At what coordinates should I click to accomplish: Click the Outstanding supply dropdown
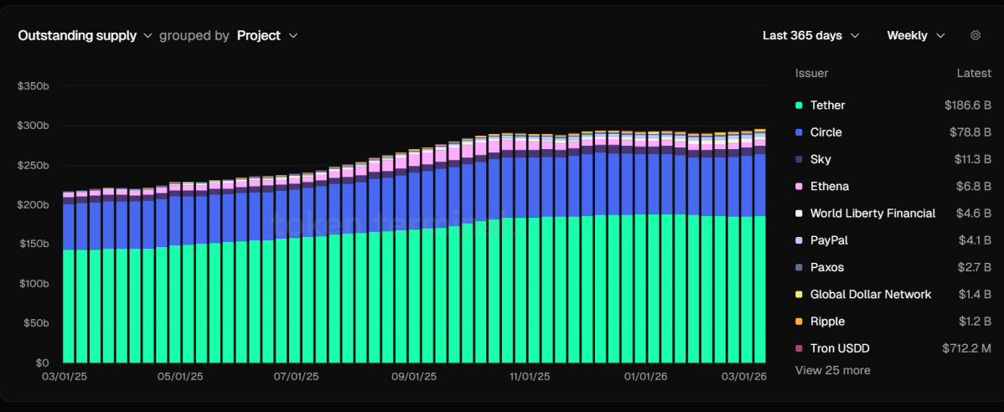[85, 36]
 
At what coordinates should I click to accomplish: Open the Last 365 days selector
[810, 36]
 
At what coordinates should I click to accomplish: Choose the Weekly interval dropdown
[915, 36]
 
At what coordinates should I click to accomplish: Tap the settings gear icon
[975, 35]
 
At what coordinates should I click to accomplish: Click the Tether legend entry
[827, 106]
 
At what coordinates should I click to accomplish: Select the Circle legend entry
[825, 132]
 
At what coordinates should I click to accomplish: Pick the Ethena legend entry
[829, 186]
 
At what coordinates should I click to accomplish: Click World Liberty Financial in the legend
[872, 214]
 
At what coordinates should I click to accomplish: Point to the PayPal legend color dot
[799, 240]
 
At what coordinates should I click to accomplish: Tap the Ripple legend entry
[827, 322]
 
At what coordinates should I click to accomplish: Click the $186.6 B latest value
[967, 106]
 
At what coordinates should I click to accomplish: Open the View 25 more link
[832, 370]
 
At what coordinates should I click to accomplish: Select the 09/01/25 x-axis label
[414, 377]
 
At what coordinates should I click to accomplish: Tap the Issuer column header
[811, 74]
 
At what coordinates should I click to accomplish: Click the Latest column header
[974, 74]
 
